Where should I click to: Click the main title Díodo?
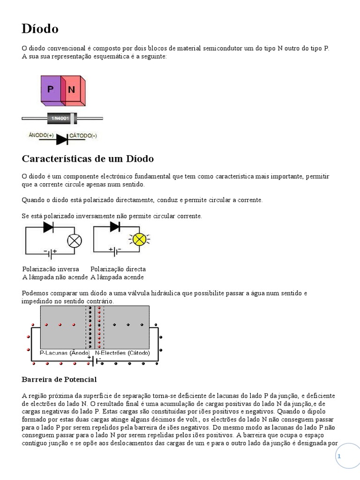coord(40,29)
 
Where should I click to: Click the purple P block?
coord(50,89)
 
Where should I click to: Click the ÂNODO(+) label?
coord(41,135)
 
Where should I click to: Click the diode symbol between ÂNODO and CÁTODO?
coord(62,139)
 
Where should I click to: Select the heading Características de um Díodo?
coord(88,159)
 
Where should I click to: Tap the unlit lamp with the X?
coord(75,240)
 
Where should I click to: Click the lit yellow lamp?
coord(139,240)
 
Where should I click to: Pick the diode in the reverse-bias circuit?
coord(48,227)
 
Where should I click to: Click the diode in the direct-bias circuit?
coord(115,227)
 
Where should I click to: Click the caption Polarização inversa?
coord(51,269)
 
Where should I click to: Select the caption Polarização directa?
coord(118,269)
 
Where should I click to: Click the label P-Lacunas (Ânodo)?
coord(65,352)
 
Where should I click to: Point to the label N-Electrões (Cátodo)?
coord(122,352)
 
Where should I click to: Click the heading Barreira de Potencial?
coord(59,379)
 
